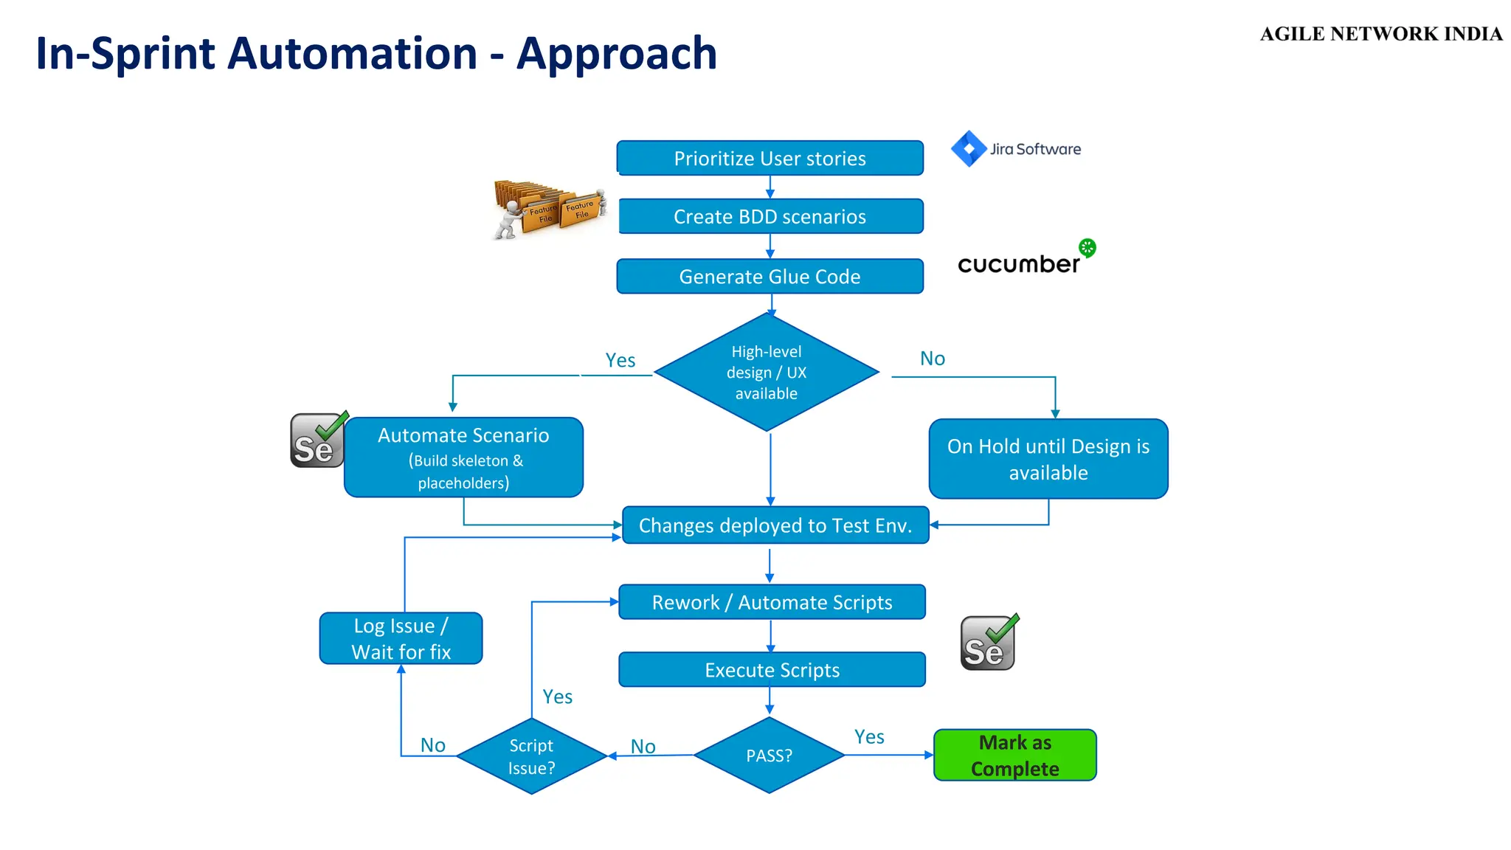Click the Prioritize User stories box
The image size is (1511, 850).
[x=770, y=158]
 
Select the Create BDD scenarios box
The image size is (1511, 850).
[x=770, y=216]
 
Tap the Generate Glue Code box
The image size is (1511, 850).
[x=770, y=276]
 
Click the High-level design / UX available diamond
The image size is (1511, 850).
[x=767, y=373]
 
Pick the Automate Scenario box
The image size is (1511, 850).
[x=463, y=457]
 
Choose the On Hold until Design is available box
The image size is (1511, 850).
[x=1048, y=459]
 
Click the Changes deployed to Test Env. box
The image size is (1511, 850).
[x=775, y=525]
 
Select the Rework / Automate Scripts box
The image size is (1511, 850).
[x=772, y=602]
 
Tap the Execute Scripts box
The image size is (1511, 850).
[x=772, y=670]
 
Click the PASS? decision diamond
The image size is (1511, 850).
[x=769, y=756]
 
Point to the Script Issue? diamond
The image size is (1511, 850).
[x=531, y=756]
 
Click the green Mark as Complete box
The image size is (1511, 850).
[x=1014, y=755]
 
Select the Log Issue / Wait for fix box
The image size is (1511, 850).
[x=401, y=638]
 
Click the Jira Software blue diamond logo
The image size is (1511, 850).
[x=969, y=148]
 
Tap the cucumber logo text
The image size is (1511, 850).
[x=1018, y=264]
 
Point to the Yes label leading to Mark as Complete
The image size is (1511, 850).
[x=869, y=736]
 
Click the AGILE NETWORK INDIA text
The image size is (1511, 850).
[x=1380, y=34]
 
